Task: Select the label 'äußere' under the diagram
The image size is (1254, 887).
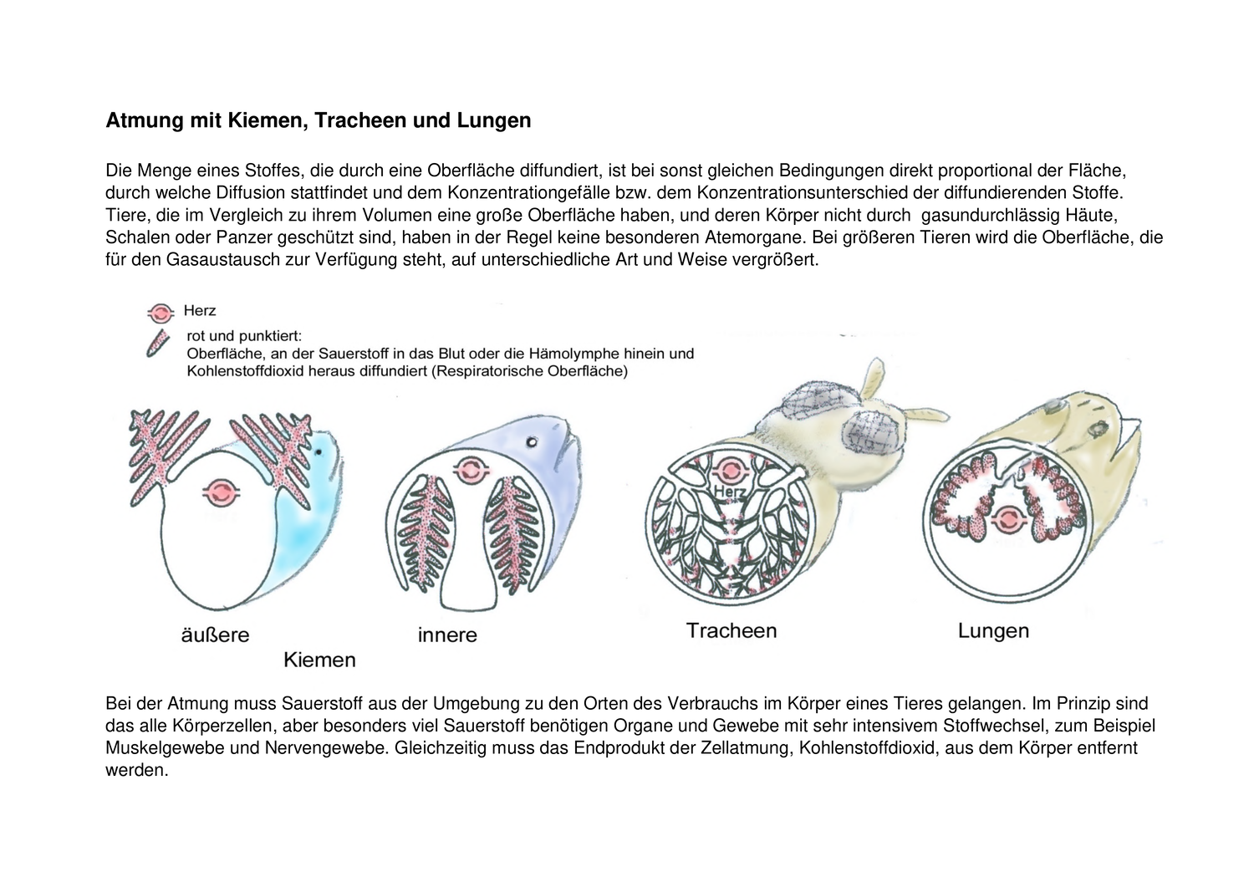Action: (x=215, y=635)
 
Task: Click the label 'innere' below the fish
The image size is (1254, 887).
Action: (x=447, y=635)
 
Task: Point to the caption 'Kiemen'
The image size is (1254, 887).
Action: (x=319, y=660)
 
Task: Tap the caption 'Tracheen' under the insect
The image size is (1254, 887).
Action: (x=731, y=630)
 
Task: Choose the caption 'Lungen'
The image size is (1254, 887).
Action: (x=993, y=630)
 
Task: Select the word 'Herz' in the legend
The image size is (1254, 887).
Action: (x=200, y=311)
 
